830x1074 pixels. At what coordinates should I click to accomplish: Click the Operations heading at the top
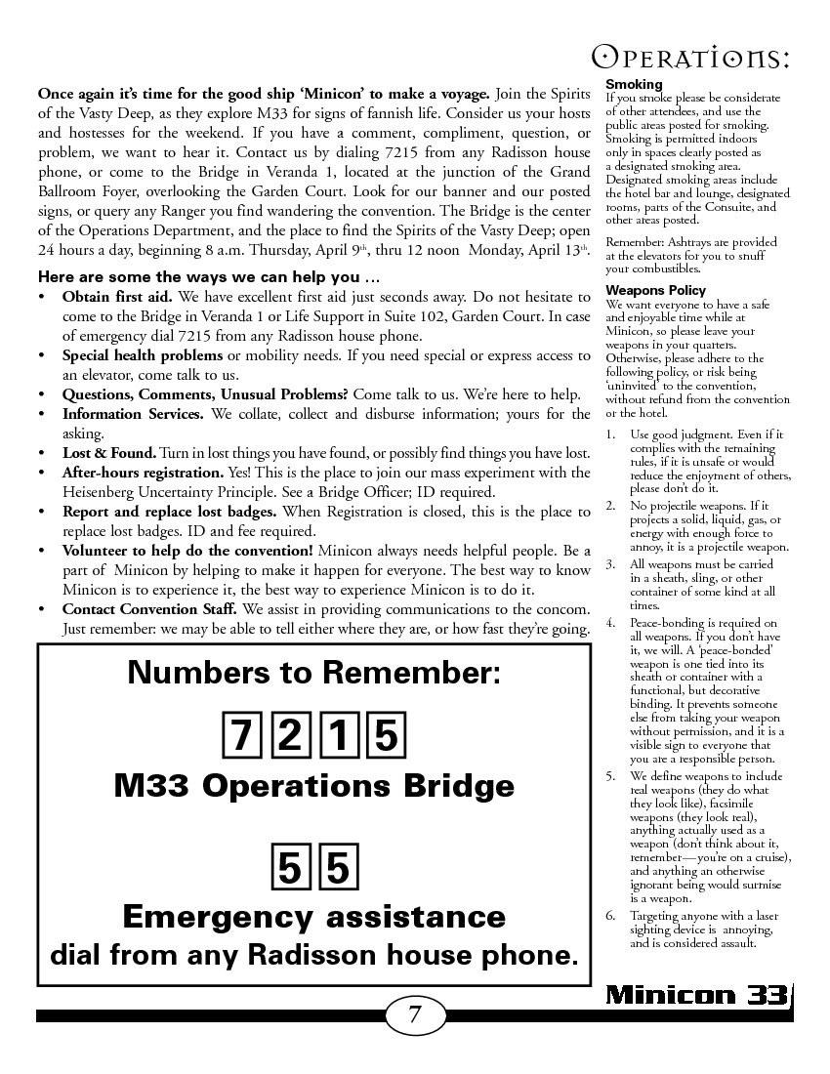(692, 59)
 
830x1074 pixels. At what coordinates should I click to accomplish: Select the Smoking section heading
(634, 85)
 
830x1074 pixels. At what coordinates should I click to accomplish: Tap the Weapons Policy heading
(655, 291)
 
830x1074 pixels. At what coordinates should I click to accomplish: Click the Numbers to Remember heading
(313, 673)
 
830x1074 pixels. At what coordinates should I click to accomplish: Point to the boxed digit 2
(288, 735)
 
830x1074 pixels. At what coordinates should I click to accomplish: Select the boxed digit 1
(338, 735)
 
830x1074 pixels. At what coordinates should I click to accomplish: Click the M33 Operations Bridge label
(313, 787)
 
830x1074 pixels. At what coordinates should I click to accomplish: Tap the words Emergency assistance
(313, 917)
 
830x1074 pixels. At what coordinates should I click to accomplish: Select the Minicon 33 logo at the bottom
(696, 995)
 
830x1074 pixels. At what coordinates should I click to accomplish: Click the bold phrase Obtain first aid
(117, 296)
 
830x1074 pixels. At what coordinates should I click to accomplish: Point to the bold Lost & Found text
(108, 453)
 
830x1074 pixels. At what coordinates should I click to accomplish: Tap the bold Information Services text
(133, 414)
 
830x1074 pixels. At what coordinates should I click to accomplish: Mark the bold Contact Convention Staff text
(149, 609)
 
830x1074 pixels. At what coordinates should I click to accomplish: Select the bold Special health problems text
(143, 355)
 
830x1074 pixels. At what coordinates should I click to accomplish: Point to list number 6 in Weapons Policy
(610, 917)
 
